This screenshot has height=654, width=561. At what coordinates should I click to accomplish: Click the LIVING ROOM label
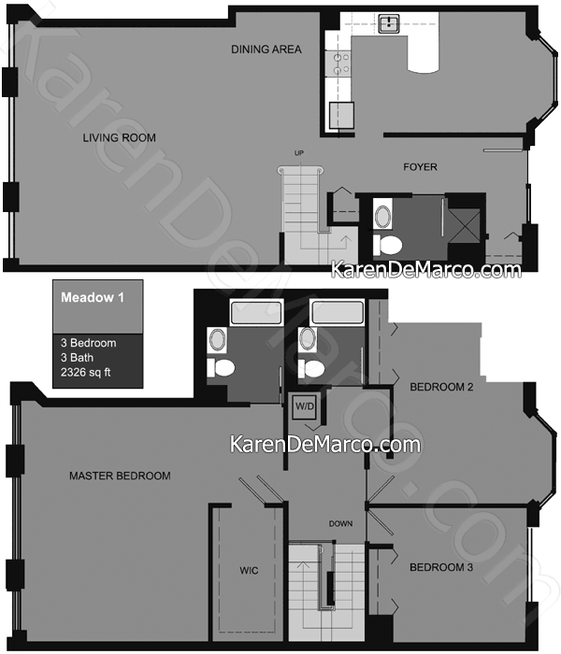(x=119, y=137)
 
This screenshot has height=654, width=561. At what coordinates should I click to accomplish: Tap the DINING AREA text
(x=266, y=50)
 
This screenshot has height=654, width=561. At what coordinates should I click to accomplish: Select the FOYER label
(x=420, y=167)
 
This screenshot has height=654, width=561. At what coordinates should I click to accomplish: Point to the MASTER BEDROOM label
(x=120, y=476)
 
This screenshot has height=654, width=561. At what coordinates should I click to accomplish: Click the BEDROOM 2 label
(x=441, y=387)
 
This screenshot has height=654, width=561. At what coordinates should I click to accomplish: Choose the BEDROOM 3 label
(x=441, y=567)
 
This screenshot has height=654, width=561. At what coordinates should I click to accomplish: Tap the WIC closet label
(x=249, y=570)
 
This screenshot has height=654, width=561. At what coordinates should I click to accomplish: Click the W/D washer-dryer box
(x=305, y=405)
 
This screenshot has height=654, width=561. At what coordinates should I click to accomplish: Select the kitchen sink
(x=389, y=23)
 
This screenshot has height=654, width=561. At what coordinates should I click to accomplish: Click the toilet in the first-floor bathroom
(x=387, y=245)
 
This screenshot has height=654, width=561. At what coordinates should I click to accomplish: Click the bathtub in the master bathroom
(x=256, y=312)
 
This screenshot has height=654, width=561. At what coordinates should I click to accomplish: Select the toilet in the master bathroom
(x=221, y=368)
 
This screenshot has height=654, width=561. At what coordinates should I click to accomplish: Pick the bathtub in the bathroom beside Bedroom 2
(x=338, y=311)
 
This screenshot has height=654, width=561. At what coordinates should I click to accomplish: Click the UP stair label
(x=299, y=153)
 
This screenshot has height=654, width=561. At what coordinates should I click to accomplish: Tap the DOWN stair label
(x=340, y=523)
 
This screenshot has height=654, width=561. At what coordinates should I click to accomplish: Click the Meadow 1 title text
(x=93, y=297)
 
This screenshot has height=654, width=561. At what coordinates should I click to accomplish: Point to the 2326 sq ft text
(x=86, y=372)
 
